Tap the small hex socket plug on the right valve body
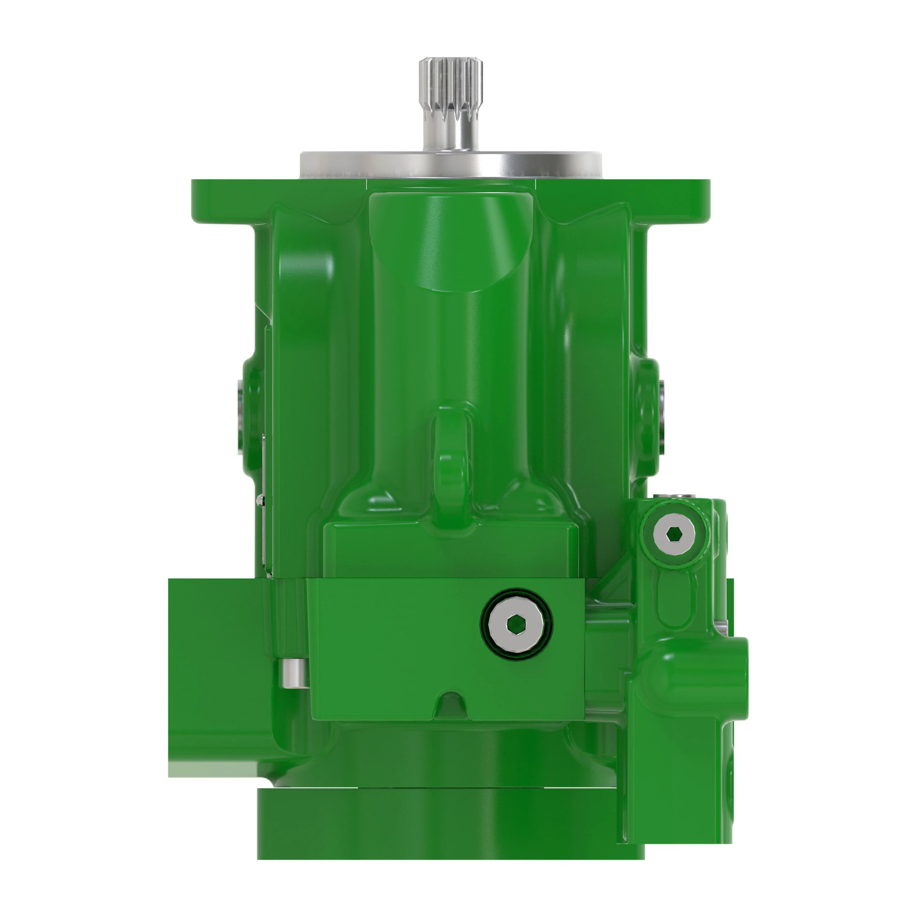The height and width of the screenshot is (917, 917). pyautogui.click(x=674, y=535)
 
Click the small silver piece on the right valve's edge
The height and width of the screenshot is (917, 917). pyautogui.click(x=722, y=626)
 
